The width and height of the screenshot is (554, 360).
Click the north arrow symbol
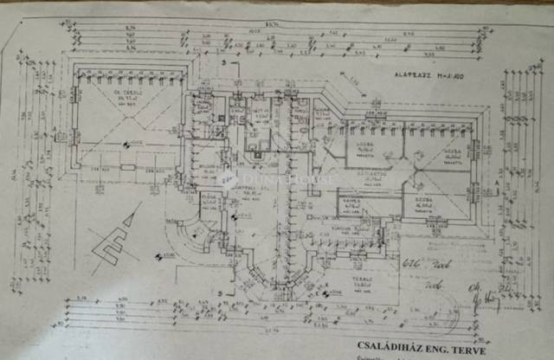tap(113, 238)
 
